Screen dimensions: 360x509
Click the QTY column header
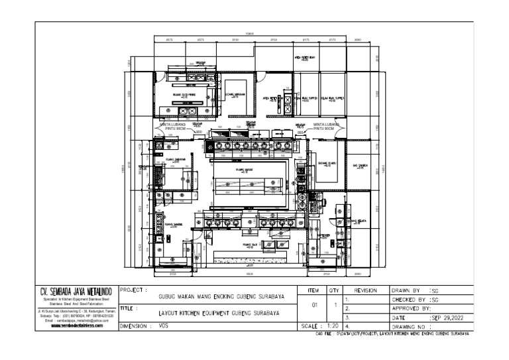335,290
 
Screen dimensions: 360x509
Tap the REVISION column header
366,290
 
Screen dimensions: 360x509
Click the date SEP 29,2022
451,318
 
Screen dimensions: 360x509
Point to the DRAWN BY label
406,290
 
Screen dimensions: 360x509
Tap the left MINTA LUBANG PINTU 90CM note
173,126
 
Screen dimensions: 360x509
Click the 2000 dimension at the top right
359,40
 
